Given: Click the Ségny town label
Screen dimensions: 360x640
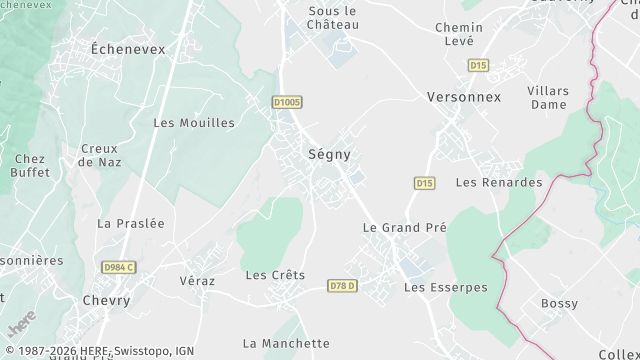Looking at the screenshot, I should pos(328,155).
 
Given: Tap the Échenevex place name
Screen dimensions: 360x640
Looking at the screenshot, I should pos(128,48).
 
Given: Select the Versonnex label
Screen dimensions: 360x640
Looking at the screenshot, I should pos(464,97).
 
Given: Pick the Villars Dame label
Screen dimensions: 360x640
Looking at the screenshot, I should pos(549,97).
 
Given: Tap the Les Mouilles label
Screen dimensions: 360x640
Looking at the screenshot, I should pos(194,123).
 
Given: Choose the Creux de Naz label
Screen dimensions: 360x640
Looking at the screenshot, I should pos(100,155).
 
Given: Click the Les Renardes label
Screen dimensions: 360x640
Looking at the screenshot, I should pos(499,183).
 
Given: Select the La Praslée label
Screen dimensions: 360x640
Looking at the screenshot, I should pos(131,224).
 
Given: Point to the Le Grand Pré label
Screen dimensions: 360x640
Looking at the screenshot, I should pos(404,228).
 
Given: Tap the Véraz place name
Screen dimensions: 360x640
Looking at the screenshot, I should pos(197,281).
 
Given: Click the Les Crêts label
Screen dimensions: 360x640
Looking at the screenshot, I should pos(275,275).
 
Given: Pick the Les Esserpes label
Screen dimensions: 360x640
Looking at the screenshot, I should pos(445,287).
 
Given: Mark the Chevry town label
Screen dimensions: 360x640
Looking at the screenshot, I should pos(107,300).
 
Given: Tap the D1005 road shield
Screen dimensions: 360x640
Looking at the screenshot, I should pos(287,102).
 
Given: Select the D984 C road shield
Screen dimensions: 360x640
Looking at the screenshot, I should pos(118,267).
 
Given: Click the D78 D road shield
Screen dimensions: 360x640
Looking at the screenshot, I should pos(343,286).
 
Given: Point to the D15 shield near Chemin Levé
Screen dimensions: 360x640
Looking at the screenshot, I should pos(478,65).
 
